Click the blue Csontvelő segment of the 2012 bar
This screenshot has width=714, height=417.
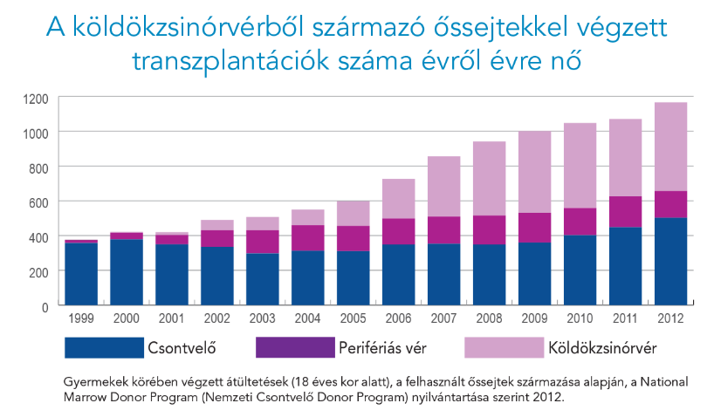point(671,262)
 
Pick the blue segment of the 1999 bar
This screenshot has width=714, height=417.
point(81,274)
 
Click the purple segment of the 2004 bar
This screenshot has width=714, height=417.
point(308,238)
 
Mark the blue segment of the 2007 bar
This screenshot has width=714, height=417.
point(444,275)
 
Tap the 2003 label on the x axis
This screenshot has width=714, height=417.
point(263,319)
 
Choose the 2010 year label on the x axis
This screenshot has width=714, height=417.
point(580,319)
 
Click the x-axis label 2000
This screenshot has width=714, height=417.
point(127,319)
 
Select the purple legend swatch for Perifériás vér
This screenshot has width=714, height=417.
point(295,348)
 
